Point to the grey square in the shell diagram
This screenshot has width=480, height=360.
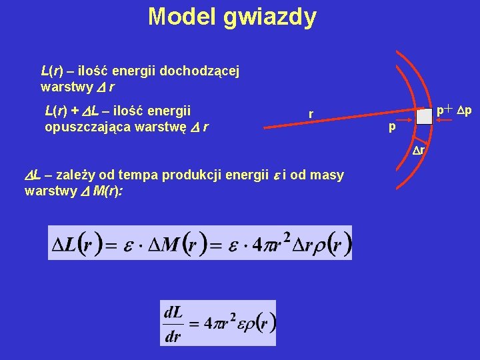click(424, 116)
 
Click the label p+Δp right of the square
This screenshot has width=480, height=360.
click(454, 109)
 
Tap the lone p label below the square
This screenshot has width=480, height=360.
click(393, 126)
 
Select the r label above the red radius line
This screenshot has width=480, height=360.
click(311, 114)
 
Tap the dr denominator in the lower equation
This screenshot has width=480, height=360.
click(173, 335)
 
